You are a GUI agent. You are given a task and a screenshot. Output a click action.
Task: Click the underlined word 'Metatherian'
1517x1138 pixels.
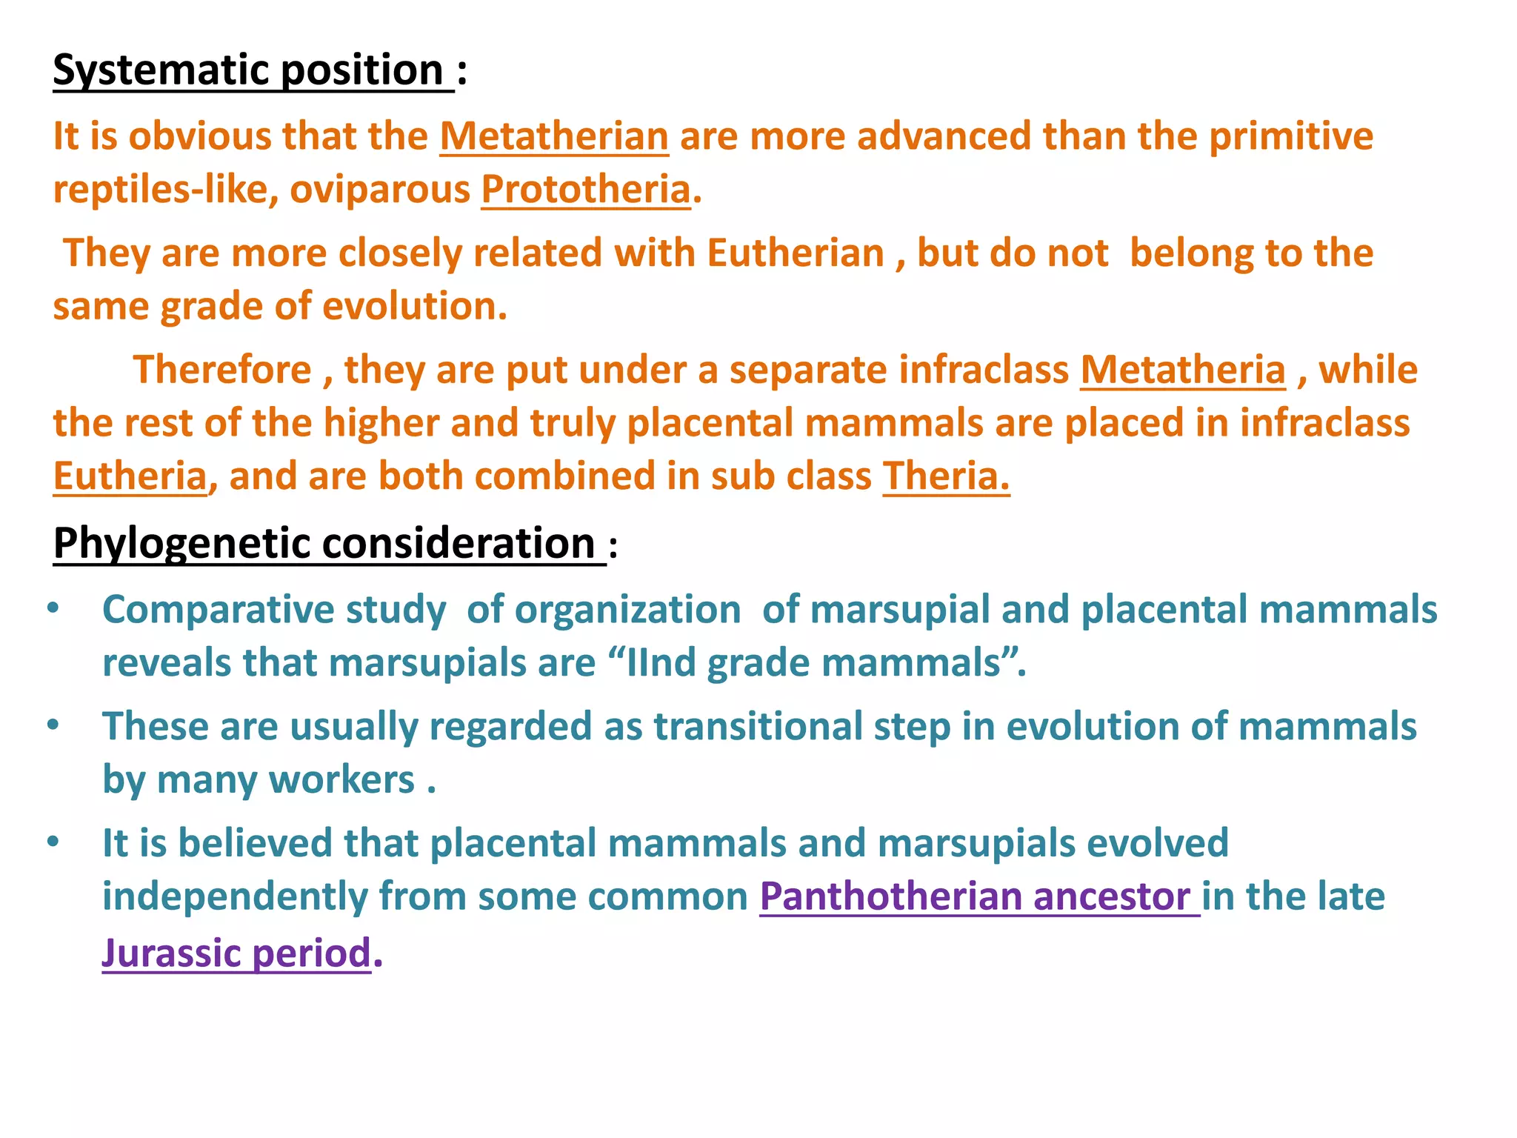[x=554, y=136]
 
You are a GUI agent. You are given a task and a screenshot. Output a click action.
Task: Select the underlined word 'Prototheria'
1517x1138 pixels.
[x=585, y=190]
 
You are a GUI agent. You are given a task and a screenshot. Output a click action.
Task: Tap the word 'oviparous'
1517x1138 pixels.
[x=380, y=190]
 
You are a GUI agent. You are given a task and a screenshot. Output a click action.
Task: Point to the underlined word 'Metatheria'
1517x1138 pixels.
[x=1182, y=370]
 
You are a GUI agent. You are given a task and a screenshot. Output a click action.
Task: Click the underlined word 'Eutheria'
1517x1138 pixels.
[x=130, y=476]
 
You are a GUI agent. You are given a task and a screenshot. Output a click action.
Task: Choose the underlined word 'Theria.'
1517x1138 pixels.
[x=946, y=476]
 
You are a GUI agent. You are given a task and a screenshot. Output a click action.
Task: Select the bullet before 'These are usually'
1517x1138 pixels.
[x=53, y=725]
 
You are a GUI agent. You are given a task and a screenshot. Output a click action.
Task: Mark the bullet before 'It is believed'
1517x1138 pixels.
[x=53, y=842]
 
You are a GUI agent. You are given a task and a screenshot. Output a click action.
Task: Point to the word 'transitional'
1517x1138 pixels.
[x=758, y=726]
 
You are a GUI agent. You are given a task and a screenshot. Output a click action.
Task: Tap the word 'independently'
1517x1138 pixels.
[x=234, y=896]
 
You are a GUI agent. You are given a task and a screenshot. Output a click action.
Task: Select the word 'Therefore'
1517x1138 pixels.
[x=222, y=370]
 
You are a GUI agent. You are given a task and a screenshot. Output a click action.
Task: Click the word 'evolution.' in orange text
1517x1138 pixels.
[x=415, y=306]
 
